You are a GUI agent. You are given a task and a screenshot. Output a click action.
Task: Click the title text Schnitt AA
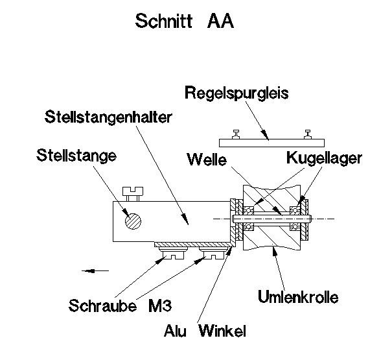point(184,21)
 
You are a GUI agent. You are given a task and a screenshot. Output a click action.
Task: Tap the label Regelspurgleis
point(236,92)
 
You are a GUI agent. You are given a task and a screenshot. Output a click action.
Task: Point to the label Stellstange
point(76,156)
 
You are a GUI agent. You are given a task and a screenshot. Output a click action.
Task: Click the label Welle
point(205,158)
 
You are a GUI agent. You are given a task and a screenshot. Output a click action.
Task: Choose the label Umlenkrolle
point(298,298)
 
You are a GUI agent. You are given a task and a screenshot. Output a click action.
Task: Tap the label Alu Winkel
point(205,331)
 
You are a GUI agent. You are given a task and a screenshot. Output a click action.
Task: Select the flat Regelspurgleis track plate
point(271,141)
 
